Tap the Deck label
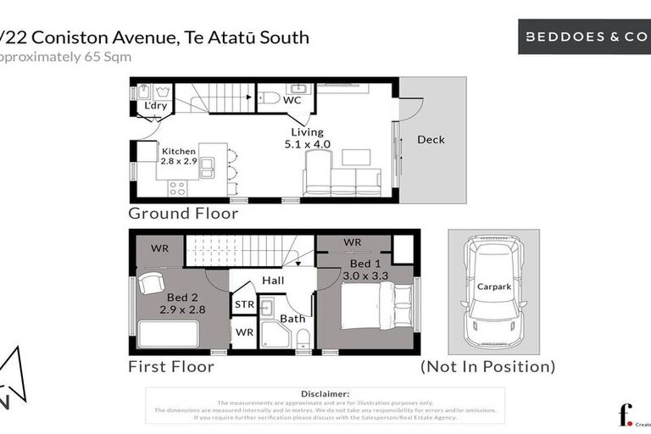pyautogui.click(x=431, y=140)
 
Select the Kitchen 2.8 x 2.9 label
pyautogui.click(x=179, y=156)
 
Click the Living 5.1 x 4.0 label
pyautogui.click(x=307, y=138)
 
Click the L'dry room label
pyautogui.click(x=154, y=106)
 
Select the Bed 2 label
pyautogui.click(x=182, y=303)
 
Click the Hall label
pyautogui.click(x=272, y=281)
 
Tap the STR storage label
pyautogui.click(x=243, y=304)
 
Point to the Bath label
pyautogui.click(x=292, y=319)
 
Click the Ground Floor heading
pyautogui.click(x=183, y=214)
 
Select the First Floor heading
pyautogui.click(x=171, y=367)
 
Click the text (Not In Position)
pyautogui.click(x=487, y=367)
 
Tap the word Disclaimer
pyautogui.click(x=325, y=394)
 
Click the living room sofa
pyautogui.click(x=342, y=181)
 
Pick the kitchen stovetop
pyautogui.click(x=177, y=187)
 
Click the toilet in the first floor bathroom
pyautogui.click(x=303, y=338)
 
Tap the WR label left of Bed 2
pyautogui.click(x=160, y=248)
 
